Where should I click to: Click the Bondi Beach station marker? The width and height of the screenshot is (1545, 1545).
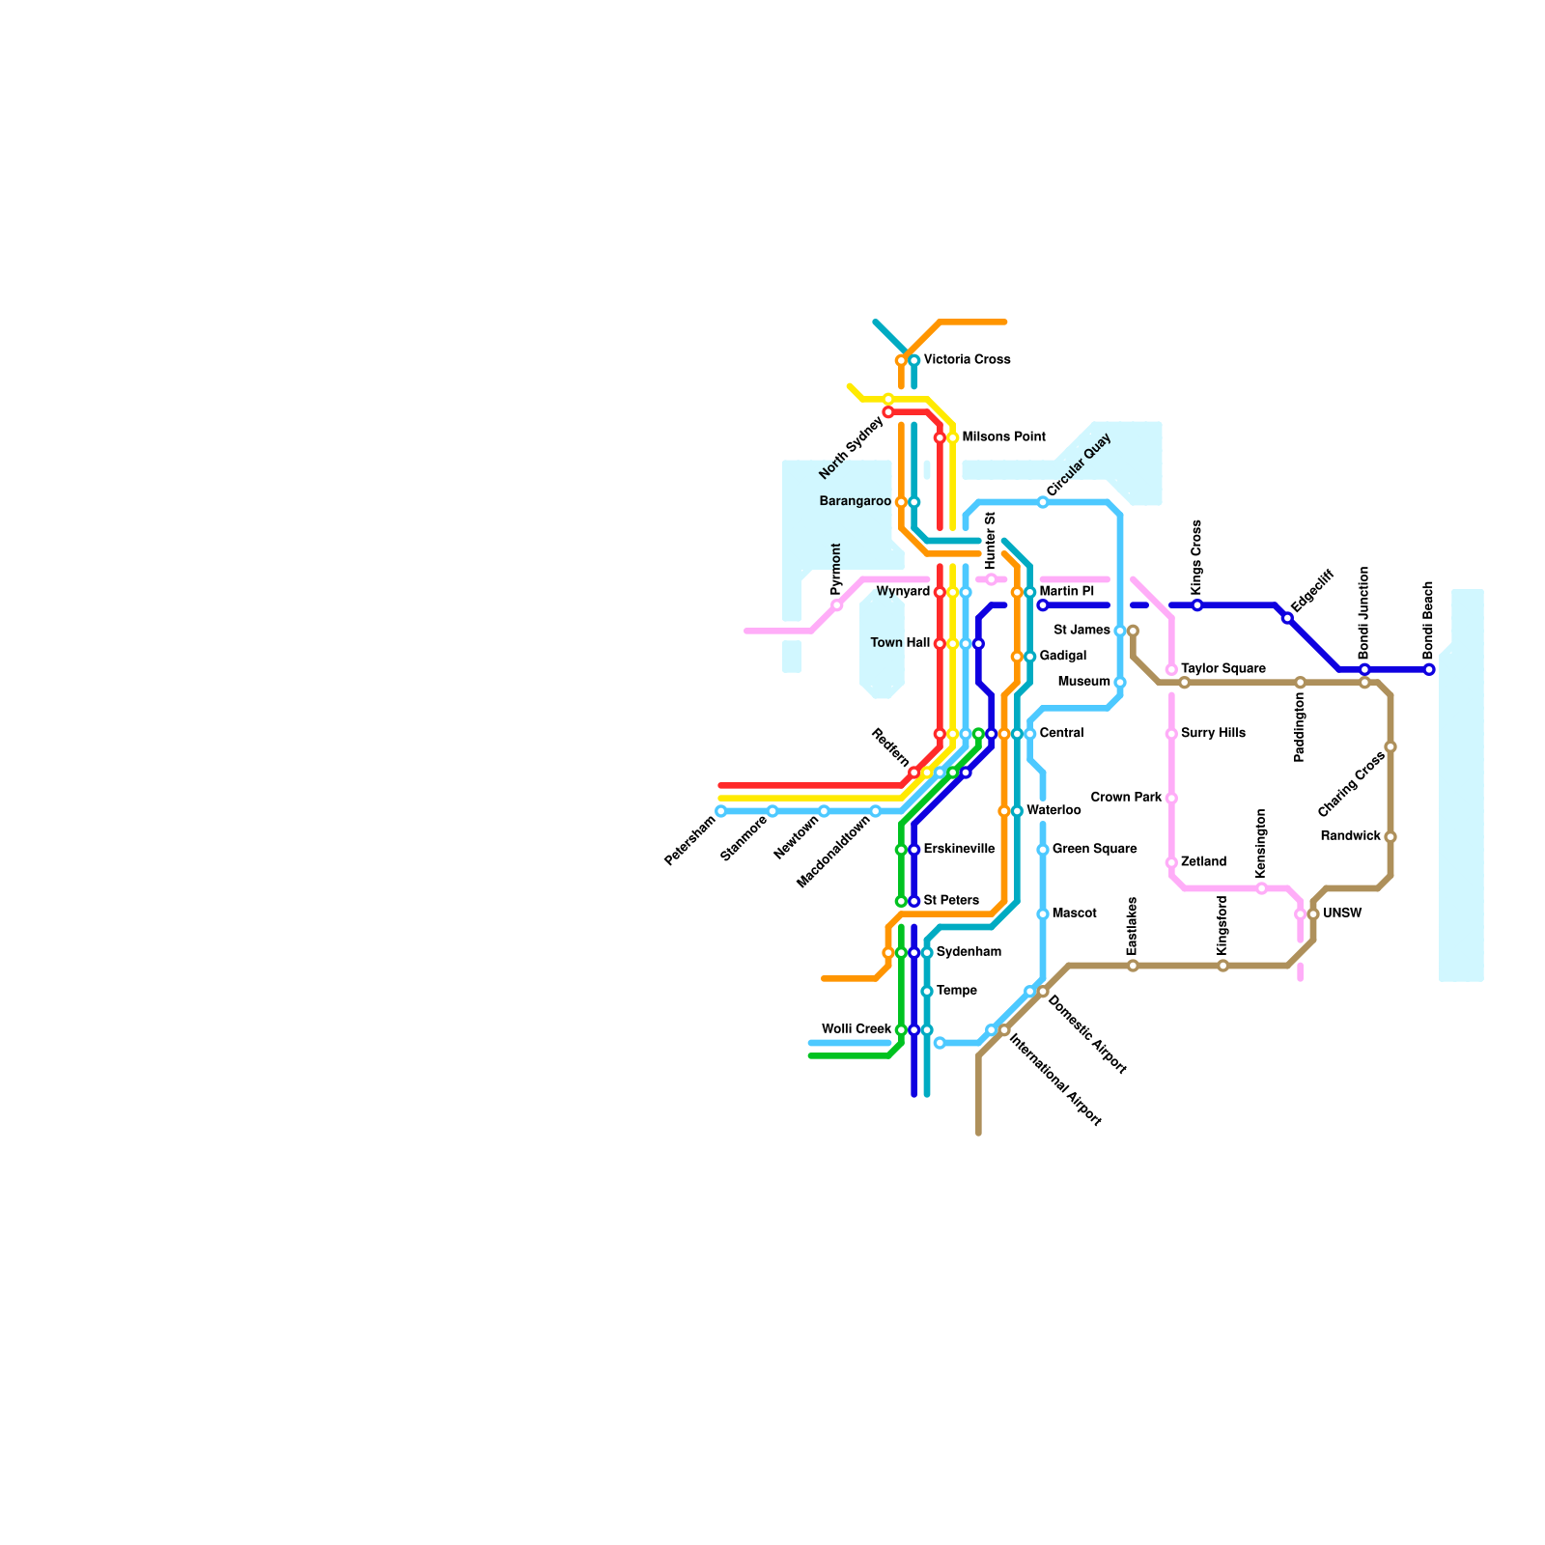click(1429, 669)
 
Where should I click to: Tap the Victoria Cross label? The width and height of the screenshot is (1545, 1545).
click(967, 360)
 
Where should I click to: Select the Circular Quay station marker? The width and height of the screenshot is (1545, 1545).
click(1043, 502)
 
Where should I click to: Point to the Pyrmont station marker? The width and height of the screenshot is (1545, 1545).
click(837, 605)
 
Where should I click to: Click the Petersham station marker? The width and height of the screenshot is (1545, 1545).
click(720, 811)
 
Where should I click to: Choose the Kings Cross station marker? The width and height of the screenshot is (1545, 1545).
click(1197, 605)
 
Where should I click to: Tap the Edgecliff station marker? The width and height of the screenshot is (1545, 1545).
click(1287, 618)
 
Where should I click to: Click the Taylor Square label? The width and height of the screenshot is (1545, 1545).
click(1222, 669)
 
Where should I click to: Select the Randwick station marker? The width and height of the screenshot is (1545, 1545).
click(1390, 837)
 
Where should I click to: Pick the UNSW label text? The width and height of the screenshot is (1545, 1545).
click(1342, 913)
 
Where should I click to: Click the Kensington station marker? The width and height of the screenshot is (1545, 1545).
click(1261, 888)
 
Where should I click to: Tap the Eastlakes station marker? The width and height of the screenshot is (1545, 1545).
click(1133, 966)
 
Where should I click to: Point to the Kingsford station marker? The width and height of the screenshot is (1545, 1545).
click(1222, 966)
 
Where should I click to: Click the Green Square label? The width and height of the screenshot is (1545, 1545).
click(1094, 850)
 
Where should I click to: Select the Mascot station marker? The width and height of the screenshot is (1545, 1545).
click(1043, 913)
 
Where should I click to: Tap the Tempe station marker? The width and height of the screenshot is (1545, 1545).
click(927, 991)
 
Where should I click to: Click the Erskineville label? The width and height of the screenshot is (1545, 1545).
click(959, 850)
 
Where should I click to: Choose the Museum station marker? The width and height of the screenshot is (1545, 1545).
click(1120, 683)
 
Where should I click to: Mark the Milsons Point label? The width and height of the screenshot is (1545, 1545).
click(1003, 437)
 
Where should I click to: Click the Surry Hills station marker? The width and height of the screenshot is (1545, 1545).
click(1171, 734)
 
